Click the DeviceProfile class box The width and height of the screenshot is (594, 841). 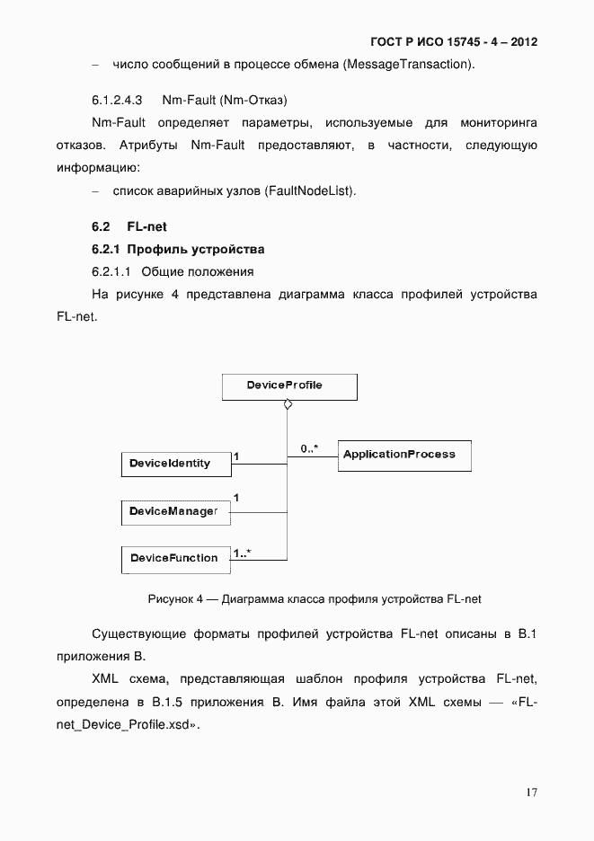288,386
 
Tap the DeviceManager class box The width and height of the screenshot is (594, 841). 174,512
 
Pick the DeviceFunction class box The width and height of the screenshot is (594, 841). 174,558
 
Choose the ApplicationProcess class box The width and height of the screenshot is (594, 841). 403,455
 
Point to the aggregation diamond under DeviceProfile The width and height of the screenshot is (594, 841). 288,406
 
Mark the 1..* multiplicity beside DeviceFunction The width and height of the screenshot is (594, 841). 241,553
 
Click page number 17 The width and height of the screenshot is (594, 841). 531,792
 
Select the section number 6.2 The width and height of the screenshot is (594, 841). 101,227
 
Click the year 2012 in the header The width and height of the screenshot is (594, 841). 523,42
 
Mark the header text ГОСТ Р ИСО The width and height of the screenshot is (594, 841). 401,42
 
